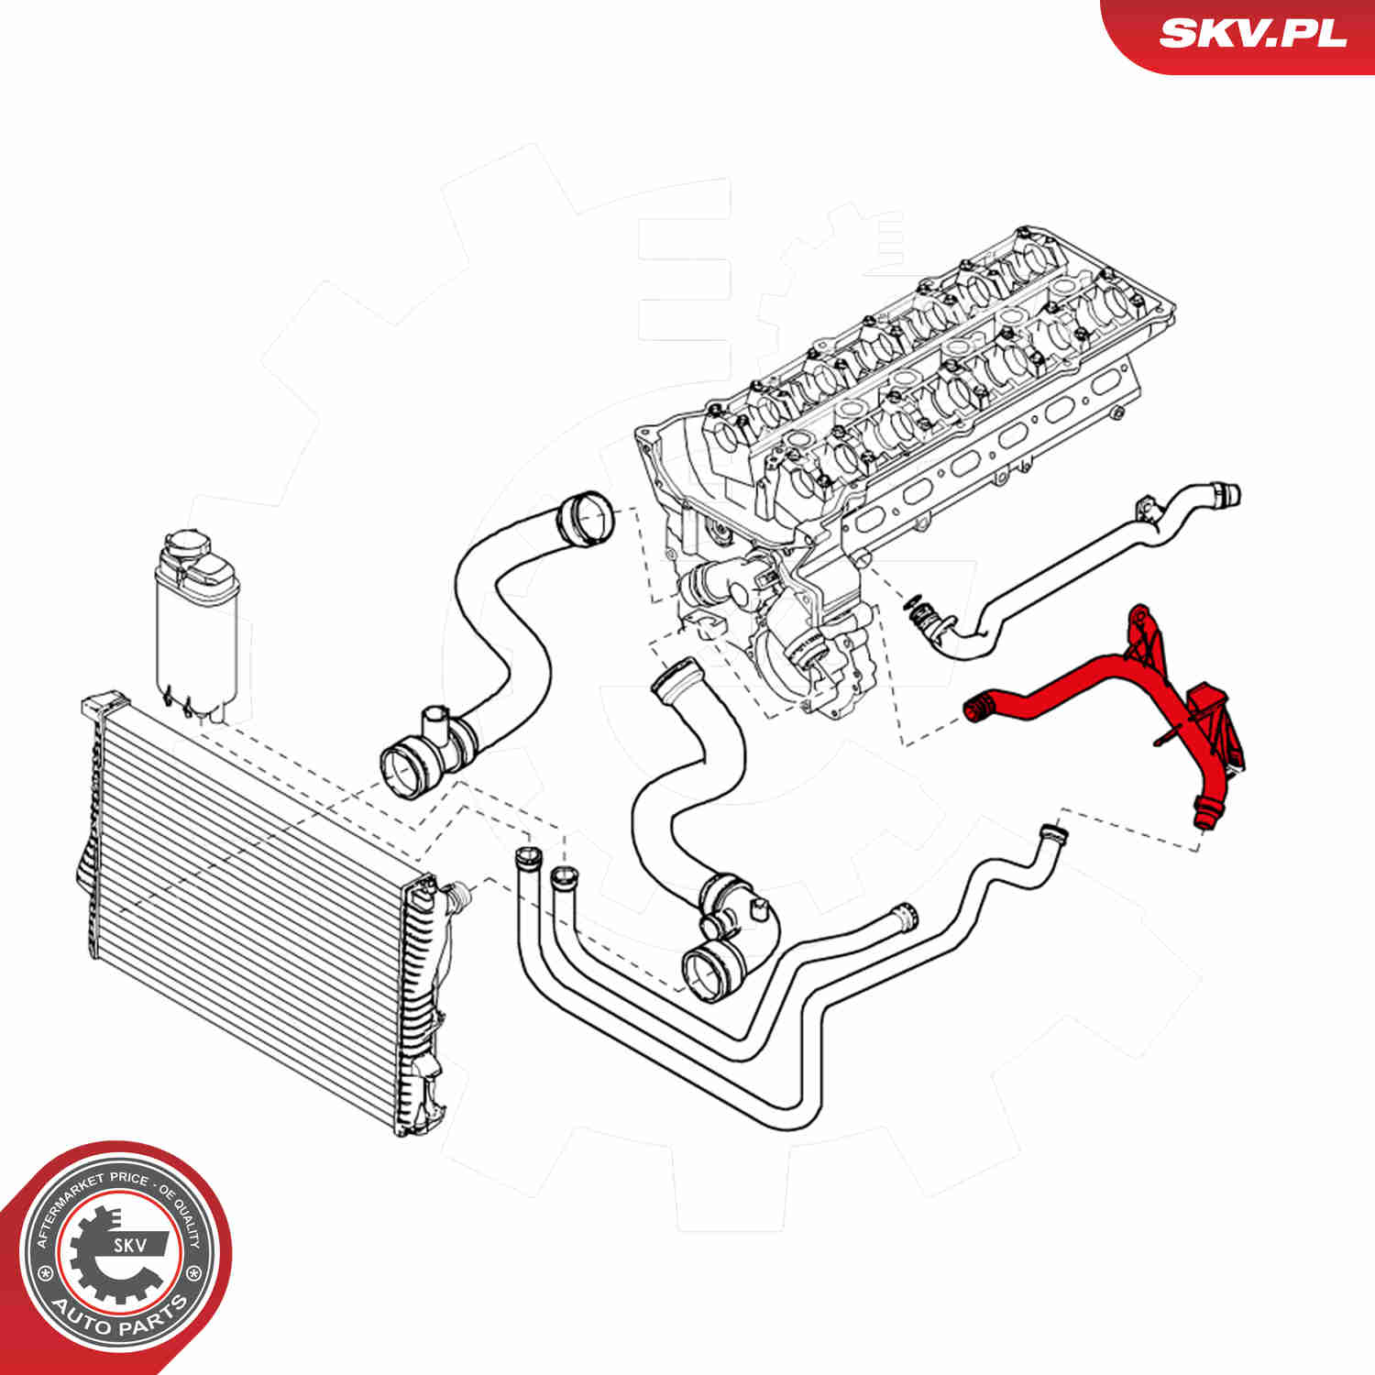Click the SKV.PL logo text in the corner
point(1252,33)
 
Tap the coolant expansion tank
point(196,623)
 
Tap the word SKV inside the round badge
point(128,1245)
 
